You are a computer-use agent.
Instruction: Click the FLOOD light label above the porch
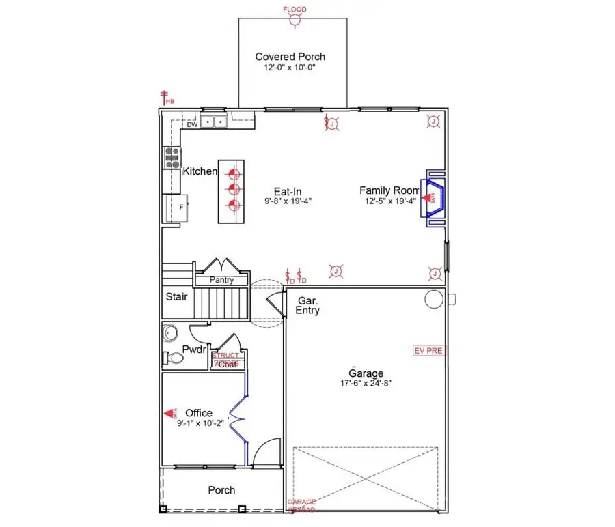click(295, 10)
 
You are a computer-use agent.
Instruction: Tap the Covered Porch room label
click(290, 57)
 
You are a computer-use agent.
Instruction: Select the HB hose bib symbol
click(164, 97)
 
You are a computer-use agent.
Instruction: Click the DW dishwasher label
click(192, 124)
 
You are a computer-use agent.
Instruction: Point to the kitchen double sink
click(214, 122)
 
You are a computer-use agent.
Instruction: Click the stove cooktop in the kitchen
click(171, 158)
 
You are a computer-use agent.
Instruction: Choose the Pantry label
click(221, 280)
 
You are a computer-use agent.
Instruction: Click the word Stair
click(177, 297)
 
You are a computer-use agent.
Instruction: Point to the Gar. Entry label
click(307, 305)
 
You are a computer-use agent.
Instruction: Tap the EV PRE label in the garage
click(428, 351)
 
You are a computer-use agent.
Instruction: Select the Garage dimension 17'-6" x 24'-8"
click(366, 383)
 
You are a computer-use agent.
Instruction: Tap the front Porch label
click(221, 490)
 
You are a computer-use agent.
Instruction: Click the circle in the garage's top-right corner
click(433, 299)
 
